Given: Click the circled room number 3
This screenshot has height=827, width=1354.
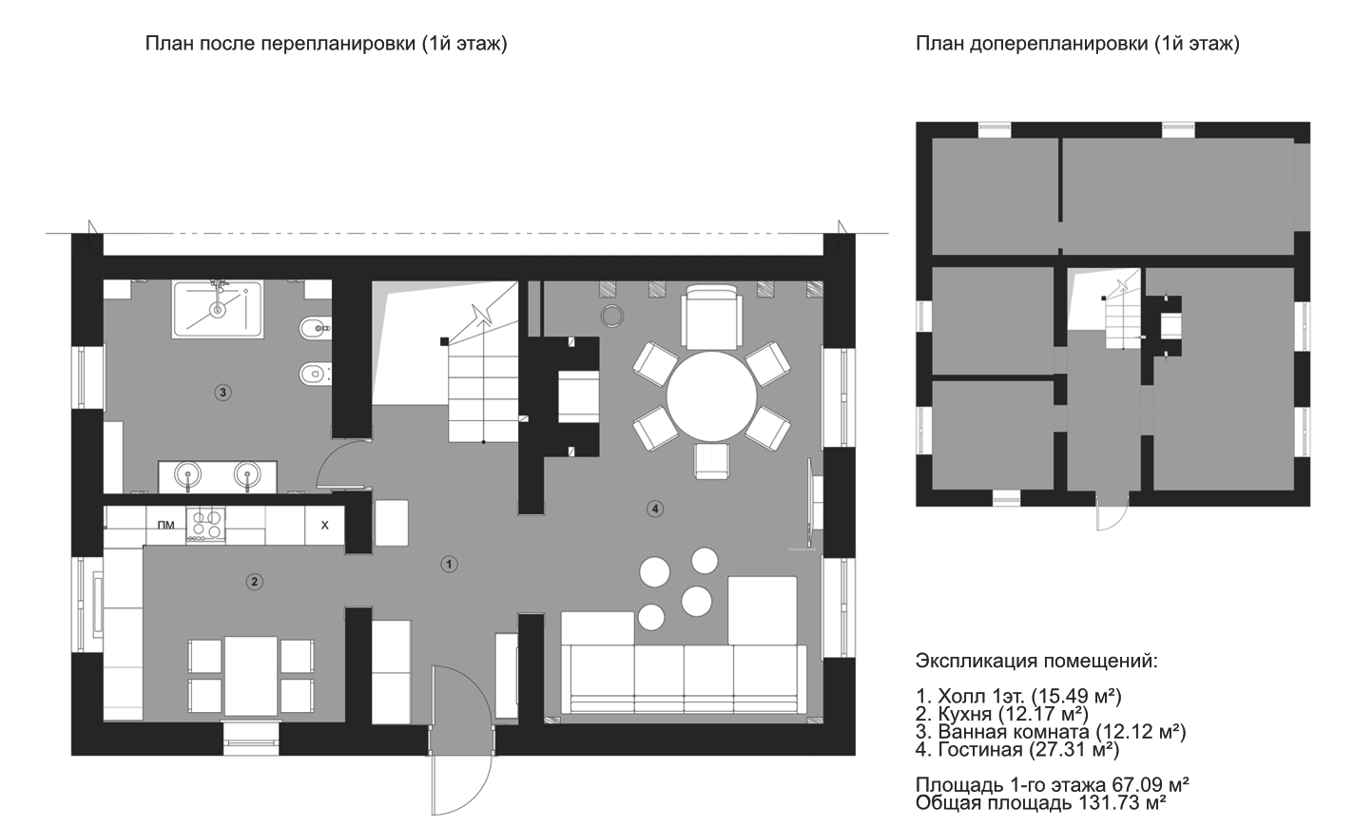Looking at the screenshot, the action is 222,393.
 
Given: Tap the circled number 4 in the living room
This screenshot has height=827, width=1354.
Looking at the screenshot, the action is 654,509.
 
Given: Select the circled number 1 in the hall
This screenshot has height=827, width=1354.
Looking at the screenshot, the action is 449,565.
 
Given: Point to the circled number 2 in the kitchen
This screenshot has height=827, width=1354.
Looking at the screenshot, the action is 255,582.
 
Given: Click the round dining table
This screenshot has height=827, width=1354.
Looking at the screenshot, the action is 711,397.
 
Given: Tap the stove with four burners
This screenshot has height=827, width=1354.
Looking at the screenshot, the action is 205,525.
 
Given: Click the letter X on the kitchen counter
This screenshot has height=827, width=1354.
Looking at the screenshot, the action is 324,526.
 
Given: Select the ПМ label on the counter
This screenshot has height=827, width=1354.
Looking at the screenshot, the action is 165,526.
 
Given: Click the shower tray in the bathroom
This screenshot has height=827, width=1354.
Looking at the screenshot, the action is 218,309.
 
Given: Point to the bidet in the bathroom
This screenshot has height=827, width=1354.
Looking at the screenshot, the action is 315,329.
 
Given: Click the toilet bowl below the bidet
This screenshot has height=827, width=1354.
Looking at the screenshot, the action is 315,374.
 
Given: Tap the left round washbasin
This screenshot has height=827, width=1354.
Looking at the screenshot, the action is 186,474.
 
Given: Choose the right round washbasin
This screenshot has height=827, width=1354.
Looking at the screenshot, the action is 246,474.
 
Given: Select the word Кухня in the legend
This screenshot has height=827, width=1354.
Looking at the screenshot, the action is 965,715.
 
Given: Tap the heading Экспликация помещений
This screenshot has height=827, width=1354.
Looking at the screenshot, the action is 1036,662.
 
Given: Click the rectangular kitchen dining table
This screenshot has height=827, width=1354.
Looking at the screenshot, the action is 251,676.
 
